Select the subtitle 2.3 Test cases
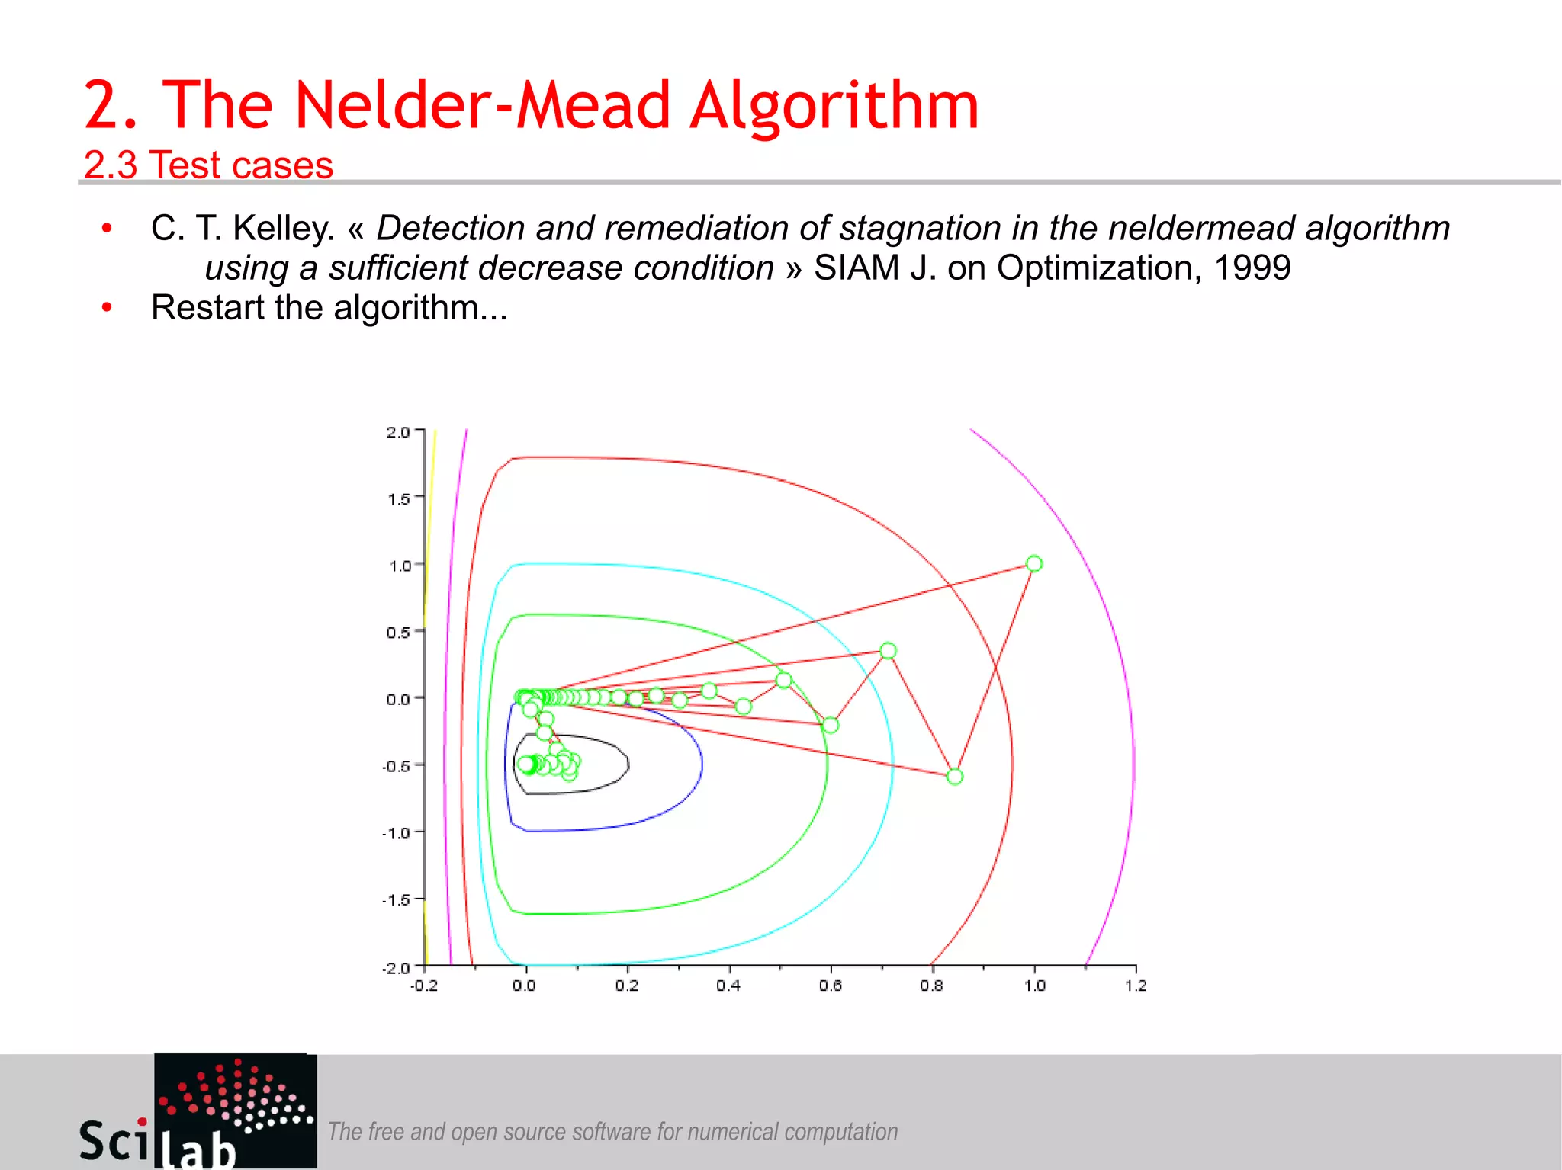click(x=208, y=165)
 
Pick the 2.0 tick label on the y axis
click(x=398, y=432)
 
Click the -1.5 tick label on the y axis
click(x=397, y=900)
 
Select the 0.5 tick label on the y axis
click(x=398, y=633)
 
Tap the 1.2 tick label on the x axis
click(x=1136, y=986)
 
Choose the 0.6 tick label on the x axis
click(x=831, y=986)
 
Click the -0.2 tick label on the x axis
click(x=424, y=986)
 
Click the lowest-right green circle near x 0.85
click(x=955, y=777)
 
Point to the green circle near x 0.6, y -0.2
click(x=831, y=725)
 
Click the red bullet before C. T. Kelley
click(x=108, y=228)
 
